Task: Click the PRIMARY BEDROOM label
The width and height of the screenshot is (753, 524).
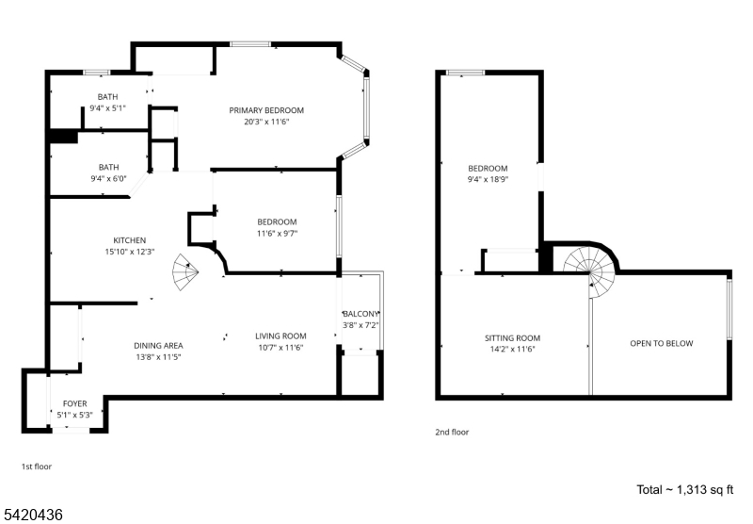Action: pos(266,110)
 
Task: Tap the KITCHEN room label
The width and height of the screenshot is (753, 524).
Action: pos(130,240)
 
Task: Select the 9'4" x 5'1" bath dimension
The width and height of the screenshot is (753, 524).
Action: pos(107,108)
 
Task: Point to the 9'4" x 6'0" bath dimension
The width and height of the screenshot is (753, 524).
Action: pos(108,179)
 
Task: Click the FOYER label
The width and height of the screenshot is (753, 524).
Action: pos(75,403)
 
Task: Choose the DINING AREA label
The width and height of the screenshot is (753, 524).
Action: pos(158,346)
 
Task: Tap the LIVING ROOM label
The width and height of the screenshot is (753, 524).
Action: pos(280,336)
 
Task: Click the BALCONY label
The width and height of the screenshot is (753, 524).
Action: pos(360,314)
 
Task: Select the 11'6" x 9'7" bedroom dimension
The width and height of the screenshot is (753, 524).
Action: pos(277,234)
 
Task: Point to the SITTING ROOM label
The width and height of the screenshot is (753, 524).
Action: pos(512,338)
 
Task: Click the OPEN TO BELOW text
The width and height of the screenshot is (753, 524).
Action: pos(662,343)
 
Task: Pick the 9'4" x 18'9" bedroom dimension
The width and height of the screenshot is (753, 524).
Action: pos(488,180)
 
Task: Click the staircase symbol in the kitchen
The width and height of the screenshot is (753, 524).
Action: pos(185,272)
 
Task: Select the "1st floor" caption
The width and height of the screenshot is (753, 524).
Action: pos(37,467)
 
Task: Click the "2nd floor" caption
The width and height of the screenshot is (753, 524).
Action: pos(452,432)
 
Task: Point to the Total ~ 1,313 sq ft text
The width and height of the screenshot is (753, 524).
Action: pos(685,490)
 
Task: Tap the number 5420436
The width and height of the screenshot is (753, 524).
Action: pos(32,515)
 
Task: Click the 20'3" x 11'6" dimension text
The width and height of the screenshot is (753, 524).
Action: pos(266,122)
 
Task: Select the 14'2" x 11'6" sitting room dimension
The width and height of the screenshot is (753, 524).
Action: pos(512,350)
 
